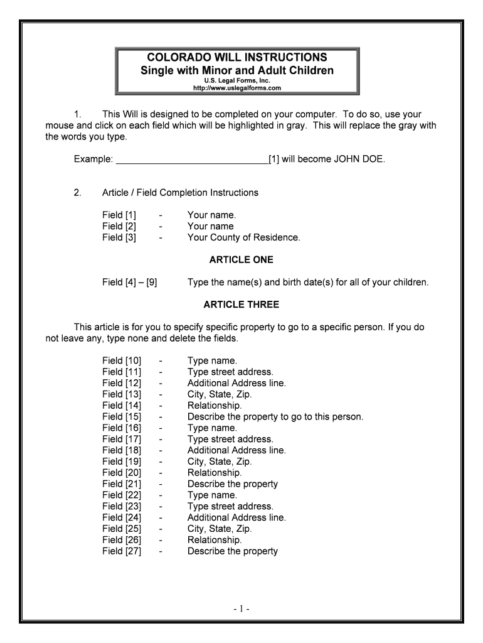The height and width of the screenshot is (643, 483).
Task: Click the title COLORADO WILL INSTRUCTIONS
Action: [x=236, y=57]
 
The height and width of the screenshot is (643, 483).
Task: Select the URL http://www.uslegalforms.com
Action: [x=236, y=88]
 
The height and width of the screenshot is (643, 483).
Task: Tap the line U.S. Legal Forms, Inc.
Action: [x=236, y=80]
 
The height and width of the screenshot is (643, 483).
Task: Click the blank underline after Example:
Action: [x=192, y=160]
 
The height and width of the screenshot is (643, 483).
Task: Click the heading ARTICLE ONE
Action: [x=241, y=260]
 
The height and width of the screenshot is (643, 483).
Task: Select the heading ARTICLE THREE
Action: [x=241, y=305]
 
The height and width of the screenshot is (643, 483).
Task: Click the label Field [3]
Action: [x=119, y=238]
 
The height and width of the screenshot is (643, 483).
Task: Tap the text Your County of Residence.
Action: [x=243, y=238]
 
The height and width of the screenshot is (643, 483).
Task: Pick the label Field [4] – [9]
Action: [x=129, y=283]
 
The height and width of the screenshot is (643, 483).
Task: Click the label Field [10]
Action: [x=122, y=361]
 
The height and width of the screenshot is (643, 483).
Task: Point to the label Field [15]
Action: [x=122, y=417]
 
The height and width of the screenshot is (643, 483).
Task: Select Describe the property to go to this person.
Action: [x=275, y=417]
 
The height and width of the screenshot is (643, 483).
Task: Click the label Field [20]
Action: [x=122, y=473]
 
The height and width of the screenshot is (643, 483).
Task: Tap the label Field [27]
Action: [x=122, y=551]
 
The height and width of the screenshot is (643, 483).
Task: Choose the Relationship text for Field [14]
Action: [x=215, y=406]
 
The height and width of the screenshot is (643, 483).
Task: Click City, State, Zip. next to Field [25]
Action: [x=220, y=529]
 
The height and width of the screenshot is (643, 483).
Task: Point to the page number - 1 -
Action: [x=241, y=609]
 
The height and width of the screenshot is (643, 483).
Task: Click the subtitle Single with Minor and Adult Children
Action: [x=236, y=70]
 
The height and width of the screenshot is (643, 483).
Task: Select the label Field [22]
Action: [x=122, y=495]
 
